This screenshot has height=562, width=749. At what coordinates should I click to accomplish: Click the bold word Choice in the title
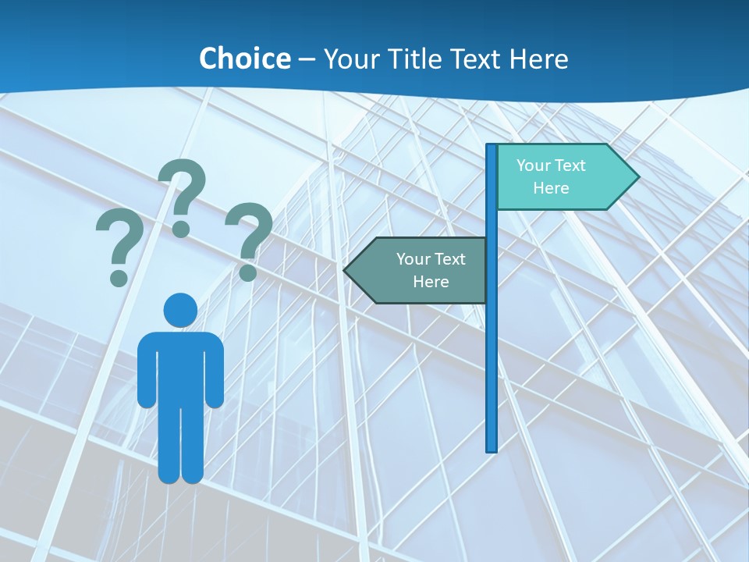coord(244,59)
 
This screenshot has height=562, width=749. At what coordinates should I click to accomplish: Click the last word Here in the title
coord(538,59)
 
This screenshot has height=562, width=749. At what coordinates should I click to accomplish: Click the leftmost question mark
coord(119,246)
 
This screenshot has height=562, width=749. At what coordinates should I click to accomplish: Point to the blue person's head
coord(180,310)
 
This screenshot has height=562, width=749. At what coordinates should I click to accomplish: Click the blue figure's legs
coord(181,445)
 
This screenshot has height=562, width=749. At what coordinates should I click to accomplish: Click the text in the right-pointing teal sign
coord(551,176)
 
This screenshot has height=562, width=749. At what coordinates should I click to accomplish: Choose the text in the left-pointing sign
coord(431,270)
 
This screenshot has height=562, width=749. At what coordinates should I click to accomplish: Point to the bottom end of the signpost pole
coord(492,449)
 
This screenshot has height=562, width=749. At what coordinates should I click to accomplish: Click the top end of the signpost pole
coord(492,147)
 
